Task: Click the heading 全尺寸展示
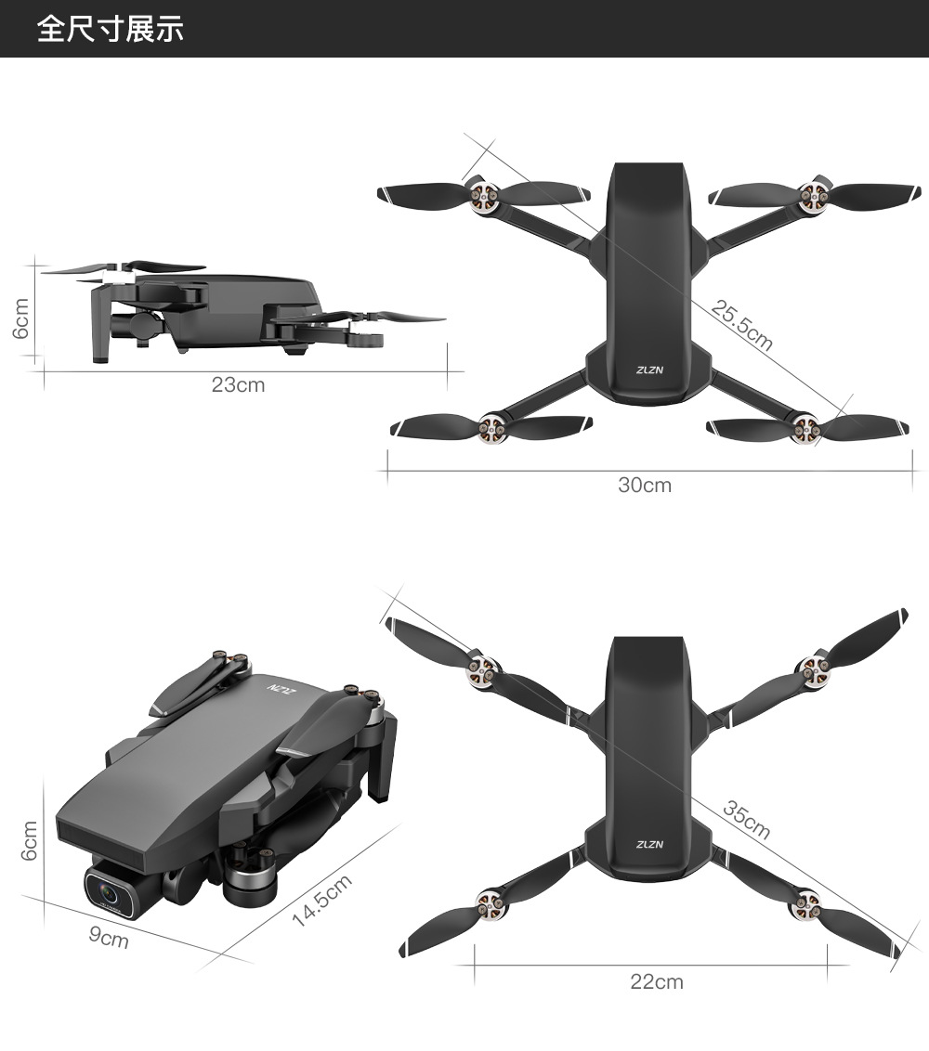110,29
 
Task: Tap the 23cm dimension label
238,384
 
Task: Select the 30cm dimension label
645,485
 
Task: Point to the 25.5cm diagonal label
742,325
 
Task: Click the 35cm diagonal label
747,819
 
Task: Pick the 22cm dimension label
657,981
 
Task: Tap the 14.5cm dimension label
322,901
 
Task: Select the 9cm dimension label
109,937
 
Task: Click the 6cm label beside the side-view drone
21,318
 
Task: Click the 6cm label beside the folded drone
29,840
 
